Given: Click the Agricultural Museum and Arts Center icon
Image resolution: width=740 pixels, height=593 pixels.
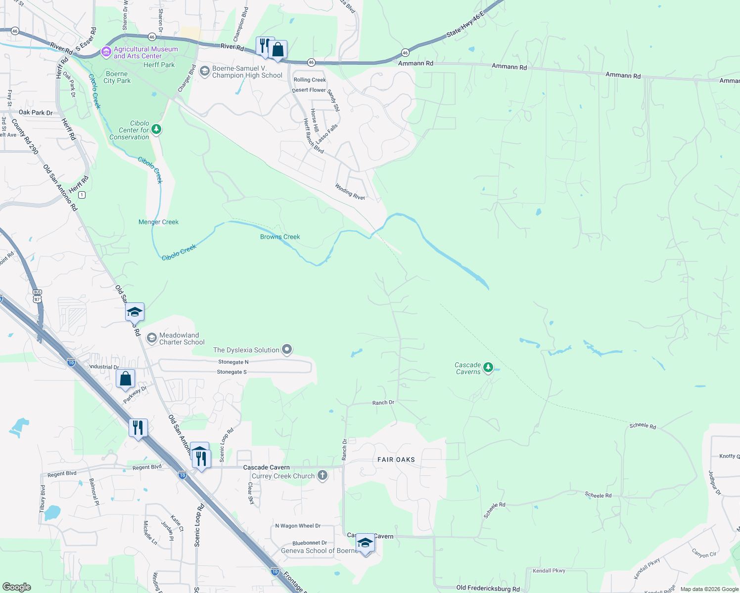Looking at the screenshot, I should pyautogui.click(x=105, y=52).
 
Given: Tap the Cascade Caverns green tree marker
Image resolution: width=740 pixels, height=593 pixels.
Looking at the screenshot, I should pyautogui.click(x=488, y=367).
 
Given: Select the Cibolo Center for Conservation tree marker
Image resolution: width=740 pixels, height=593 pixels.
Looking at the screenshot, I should pyautogui.click(x=156, y=129).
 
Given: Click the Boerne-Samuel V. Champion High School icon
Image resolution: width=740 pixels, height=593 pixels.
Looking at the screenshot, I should pyautogui.click(x=204, y=72).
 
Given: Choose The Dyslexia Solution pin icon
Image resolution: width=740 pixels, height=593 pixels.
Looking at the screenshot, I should pyautogui.click(x=286, y=350).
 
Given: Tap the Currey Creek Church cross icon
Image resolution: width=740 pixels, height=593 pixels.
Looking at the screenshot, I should pyautogui.click(x=322, y=476).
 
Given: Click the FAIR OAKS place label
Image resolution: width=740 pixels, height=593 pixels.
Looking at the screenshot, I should pyautogui.click(x=396, y=460).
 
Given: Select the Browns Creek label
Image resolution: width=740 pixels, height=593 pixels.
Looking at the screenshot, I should pyautogui.click(x=280, y=237).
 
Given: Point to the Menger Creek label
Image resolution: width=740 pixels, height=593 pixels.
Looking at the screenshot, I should pyautogui.click(x=158, y=222).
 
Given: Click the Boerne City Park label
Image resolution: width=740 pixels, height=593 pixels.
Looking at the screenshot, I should pyautogui.click(x=117, y=77).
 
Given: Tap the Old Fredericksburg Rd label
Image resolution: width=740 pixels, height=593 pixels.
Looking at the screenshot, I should pyautogui.click(x=488, y=588).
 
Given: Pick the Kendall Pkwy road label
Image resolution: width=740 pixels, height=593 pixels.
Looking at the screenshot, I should pyautogui.click(x=549, y=571).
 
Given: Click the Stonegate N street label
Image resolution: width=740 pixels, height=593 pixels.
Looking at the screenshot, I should pyautogui.click(x=233, y=362).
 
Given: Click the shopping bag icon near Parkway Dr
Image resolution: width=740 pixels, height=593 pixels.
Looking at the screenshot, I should pyautogui.click(x=126, y=379).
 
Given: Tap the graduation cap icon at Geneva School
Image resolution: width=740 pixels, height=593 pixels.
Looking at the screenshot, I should pyautogui.click(x=365, y=543).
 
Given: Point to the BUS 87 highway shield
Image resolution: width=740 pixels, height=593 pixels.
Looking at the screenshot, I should pyautogui.click(x=37, y=296).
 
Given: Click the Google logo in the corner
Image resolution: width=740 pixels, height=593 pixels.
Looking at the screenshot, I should pyautogui.click(x=16, y=587).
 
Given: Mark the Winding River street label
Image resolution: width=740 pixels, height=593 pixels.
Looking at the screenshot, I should pyautogui.click(x=350, y=192).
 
